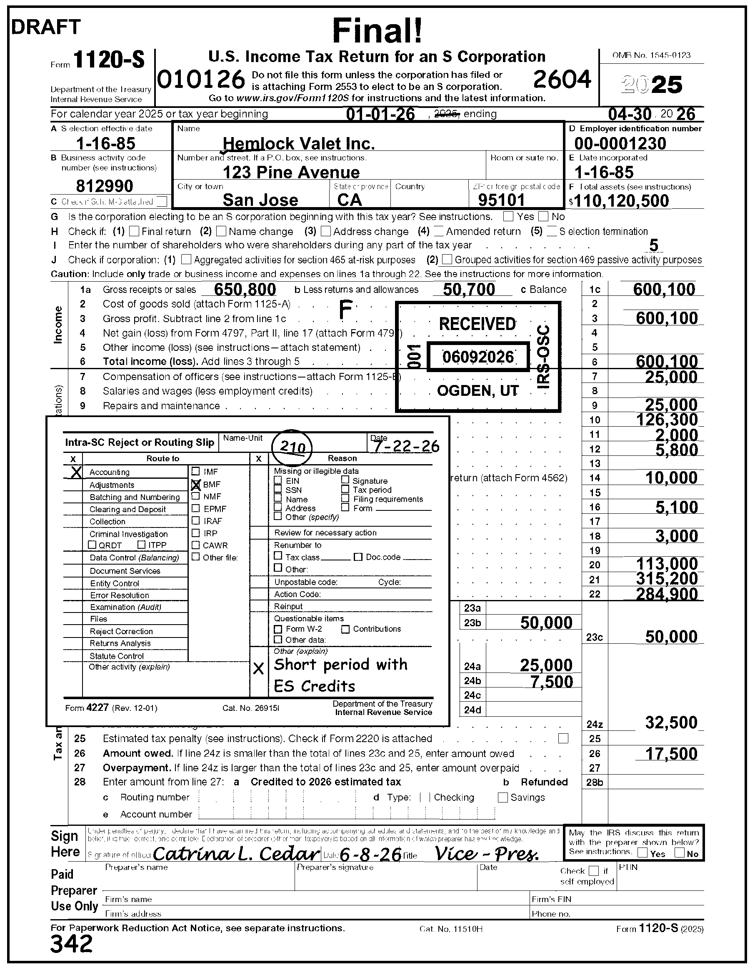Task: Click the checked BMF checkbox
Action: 196,485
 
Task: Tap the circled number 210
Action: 292,447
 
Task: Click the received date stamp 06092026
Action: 478,357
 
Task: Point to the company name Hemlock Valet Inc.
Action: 298,143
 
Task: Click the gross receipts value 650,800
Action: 245,290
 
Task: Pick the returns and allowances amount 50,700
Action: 469,290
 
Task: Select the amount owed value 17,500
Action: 671,754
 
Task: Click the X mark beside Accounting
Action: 76,472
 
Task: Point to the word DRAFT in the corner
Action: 46,27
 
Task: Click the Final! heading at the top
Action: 377,30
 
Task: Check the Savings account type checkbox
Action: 503,797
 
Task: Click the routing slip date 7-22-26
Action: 406,445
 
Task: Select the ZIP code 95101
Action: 501,200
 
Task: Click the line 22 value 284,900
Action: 667,594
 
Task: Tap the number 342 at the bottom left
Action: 72,944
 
